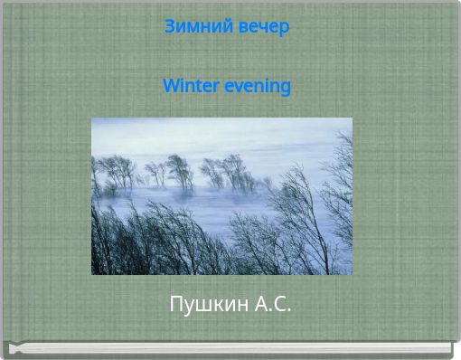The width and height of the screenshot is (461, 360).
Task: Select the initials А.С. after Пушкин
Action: pos(272,304)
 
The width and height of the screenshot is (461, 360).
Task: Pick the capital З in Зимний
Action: pos(170,27)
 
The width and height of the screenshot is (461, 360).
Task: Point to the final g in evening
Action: pos(286,88)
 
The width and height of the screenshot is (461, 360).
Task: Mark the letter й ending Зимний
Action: pos(217,26)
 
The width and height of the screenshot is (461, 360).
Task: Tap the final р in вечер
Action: pos(285,28)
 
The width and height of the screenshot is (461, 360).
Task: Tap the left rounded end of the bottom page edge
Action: pos(10,348)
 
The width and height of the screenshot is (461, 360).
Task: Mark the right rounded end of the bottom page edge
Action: pos(449,348)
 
